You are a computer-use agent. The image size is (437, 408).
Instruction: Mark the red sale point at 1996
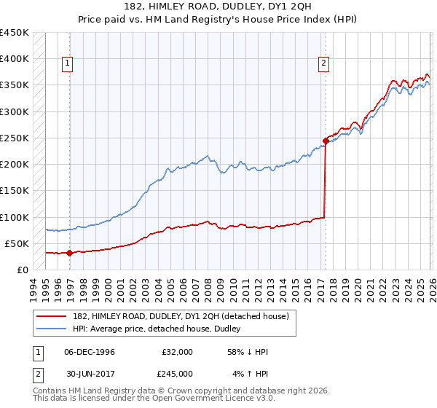click(x=69, y=254)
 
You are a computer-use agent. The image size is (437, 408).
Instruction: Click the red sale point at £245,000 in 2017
click(x=326, y=141)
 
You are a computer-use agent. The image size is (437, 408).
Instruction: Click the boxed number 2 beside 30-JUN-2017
click(x=36, y=374)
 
